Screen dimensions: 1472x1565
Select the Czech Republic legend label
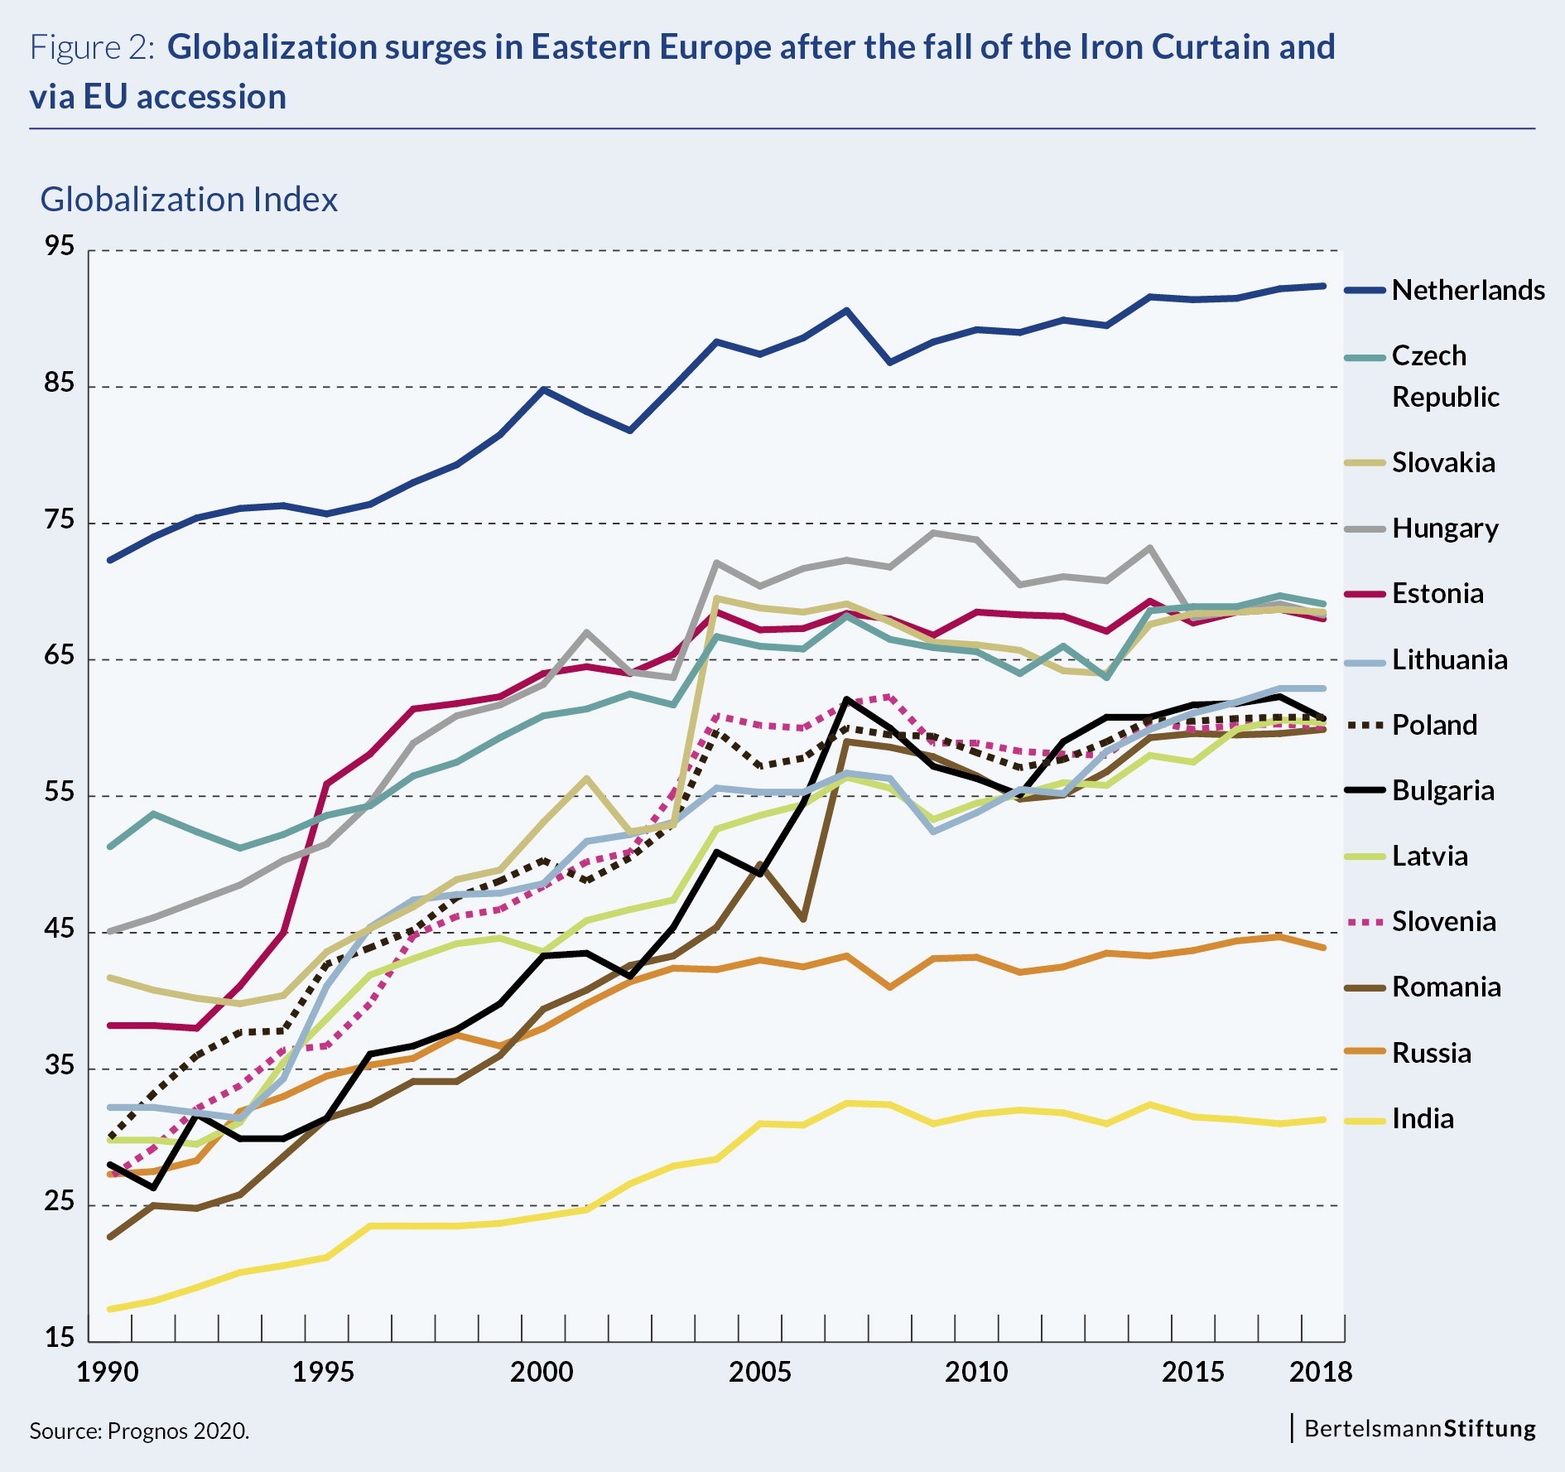click(1444, 376)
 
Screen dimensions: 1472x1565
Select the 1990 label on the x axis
click(108, 1372)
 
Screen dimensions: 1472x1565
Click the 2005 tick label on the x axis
click(759, 1372)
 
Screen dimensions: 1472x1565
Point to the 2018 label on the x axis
click(1320, 1372)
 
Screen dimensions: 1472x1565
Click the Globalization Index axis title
click(189, 200)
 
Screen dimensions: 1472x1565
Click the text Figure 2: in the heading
click(92, 47)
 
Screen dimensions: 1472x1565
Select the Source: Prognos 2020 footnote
click(139, 1431)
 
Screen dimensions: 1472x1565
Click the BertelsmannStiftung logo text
click(1419, 1428)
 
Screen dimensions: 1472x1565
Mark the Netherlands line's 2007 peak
click(846, 311)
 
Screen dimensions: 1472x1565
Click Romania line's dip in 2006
click(802, 919)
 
